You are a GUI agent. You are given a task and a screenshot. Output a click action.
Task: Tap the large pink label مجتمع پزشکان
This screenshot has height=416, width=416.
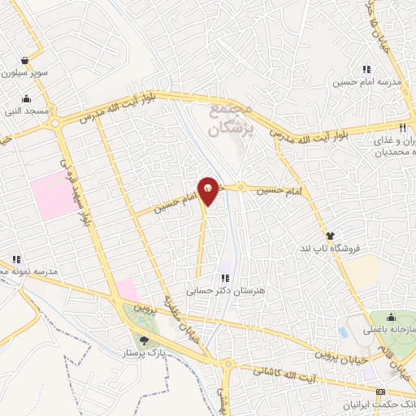pos(232,118)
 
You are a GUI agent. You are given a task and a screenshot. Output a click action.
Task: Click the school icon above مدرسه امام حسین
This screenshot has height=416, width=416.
pos(366,70)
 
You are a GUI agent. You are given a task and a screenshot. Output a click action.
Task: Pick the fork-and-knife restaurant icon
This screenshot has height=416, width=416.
pos(402,128)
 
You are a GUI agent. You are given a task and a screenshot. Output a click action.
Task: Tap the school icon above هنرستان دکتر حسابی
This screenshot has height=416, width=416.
pos(226,279)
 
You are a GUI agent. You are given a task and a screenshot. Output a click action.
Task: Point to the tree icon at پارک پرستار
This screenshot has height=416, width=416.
pos(145,341)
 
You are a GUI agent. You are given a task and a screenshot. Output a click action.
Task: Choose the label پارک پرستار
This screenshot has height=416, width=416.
pos(144,354)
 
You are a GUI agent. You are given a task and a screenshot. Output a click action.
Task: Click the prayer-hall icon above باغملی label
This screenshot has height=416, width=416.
pos(391,317)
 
